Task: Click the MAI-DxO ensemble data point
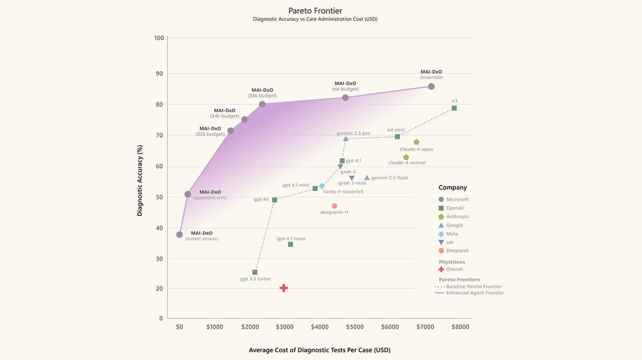[x=431, y=87]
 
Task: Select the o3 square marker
[x=454, y=108]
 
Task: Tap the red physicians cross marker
[x=284, y=288]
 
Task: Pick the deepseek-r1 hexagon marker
[x=334, y=206]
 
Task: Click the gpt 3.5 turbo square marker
[x=255, y=272]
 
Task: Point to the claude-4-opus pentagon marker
[x=416, y=142]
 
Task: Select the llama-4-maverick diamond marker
[x=322, y=186]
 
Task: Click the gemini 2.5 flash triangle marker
[x=367, y=178]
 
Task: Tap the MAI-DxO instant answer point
[x=179, y=235]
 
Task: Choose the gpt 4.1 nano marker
[x=291, y=244]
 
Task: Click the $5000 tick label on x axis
[x=355, y=327]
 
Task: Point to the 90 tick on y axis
[x=159, y=74]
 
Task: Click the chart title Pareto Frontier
[x=316, y=10]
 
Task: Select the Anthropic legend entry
[x=457, y=217]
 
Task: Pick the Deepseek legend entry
[x=457, y=251]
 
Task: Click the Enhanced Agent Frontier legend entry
[x=475, y=293]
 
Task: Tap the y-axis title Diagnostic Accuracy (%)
[x=140, y=180]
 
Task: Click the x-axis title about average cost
[x=320, y=350]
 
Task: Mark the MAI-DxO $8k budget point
[x=262, y=104]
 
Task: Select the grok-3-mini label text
[x=352, y=183]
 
